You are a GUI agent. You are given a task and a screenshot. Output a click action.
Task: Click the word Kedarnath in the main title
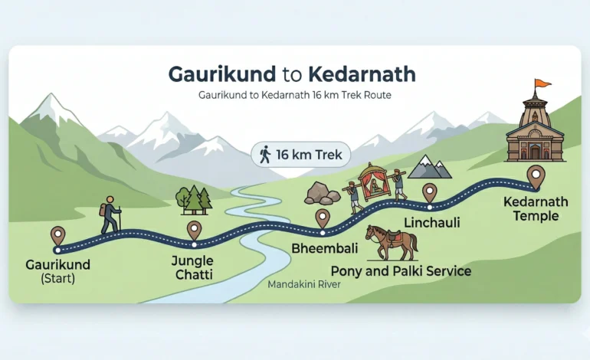pyautogui.click(x=362, y=74)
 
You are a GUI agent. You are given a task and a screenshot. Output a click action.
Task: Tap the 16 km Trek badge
pyautogui.click(x=300, y=154)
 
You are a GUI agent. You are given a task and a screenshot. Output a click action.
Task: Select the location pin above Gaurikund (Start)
pyautogui.click(x=57, y=235)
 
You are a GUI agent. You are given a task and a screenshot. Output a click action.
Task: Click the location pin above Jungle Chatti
pyautogui.click(x=194, y=229)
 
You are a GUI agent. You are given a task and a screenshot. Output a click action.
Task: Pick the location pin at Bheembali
pyautogui.click(x=322, y=218)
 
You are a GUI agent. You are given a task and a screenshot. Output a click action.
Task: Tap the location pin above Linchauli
pyautogui.click(x=429, y=191)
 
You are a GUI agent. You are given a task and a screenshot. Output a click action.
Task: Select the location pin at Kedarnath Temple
pyautogui.click(x=536, y=175)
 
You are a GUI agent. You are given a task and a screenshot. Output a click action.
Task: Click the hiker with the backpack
pyautogui.click(x=110, y=214)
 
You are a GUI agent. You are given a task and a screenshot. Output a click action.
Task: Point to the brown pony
pyautogui.click(x=392, y=241)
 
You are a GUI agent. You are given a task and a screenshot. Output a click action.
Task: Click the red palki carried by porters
pyautogui.click(x=375, y=184)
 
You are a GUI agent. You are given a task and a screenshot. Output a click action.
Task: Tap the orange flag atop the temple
pyautogui.click(x=542, y=83)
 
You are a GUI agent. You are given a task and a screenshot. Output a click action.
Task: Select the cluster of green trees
pyautogui.click(x=193, y=199)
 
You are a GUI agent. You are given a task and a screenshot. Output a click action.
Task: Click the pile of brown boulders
pyautogui.click(x=322, y=193)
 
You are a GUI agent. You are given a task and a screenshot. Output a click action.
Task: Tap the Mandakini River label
pyautogui.click(x=304, y=284)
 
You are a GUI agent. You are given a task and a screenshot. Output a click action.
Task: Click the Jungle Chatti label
pyautogui.click(x=192, y=267)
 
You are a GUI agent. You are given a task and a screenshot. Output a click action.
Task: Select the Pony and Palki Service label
pyautogui.click(x=400, y=271)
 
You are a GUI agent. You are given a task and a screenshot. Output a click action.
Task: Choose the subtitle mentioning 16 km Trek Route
pyautogui.click(x=295, y=97)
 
